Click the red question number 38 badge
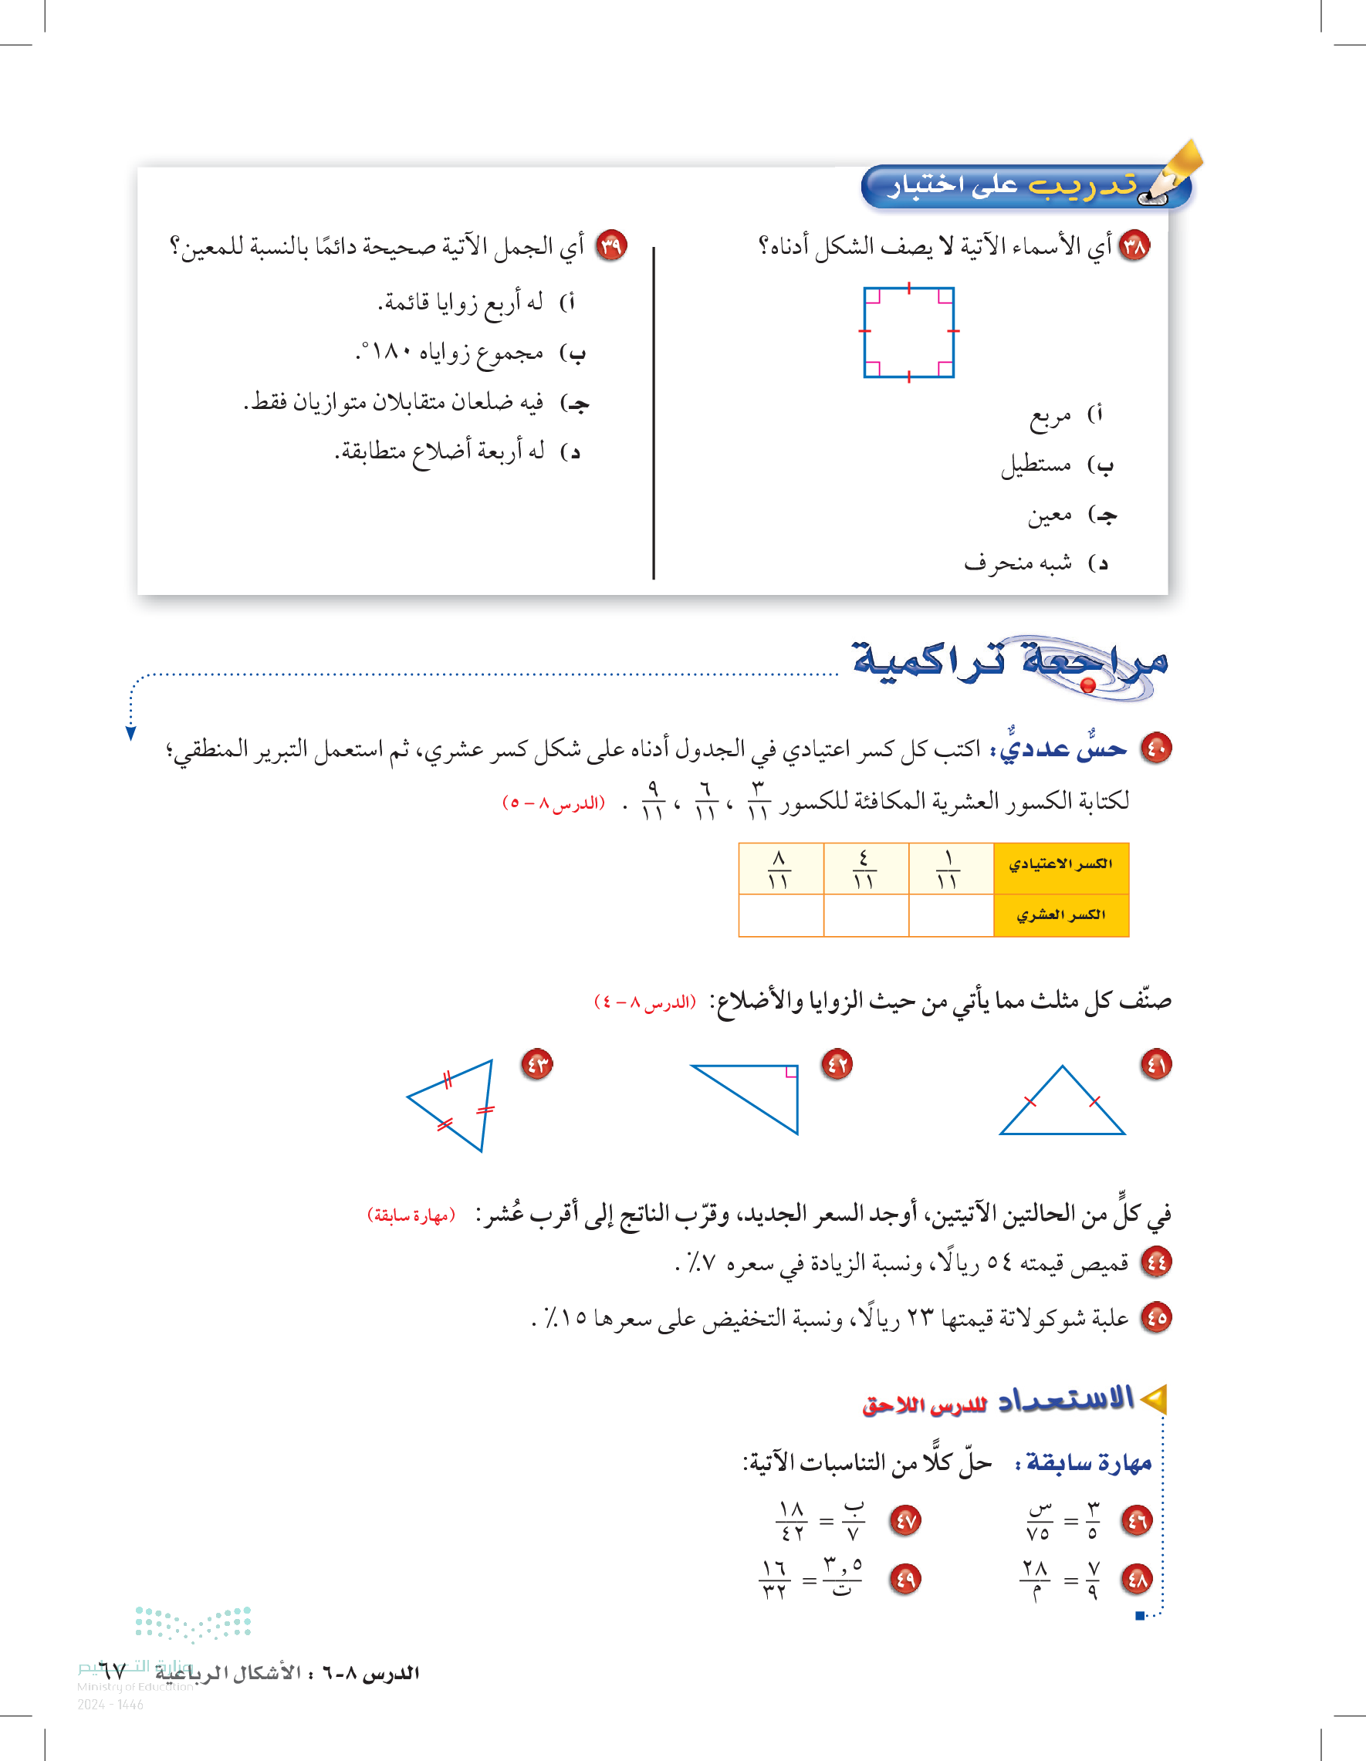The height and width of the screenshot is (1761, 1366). tap(1134, 245)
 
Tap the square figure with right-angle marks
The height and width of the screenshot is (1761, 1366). tap(909, 332)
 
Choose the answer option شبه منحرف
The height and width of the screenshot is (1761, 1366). tap(1018, 563)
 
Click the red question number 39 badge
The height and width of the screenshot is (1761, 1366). tap(611, 245)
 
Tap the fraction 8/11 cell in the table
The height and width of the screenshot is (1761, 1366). tap(779, 869)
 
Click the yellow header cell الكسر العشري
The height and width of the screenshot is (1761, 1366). tap(1060, 915)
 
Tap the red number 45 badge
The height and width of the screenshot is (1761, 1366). tap(1156, 1317)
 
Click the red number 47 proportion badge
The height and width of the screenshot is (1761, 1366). tap(905, 1521)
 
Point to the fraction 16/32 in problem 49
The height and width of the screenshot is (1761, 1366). tap(774, 1580)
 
